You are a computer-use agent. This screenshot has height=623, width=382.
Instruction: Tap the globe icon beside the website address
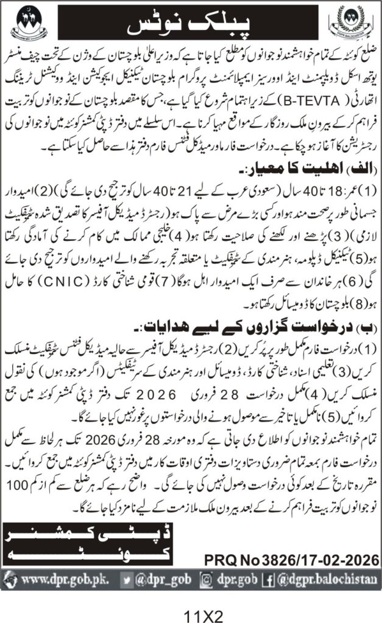click(13, 577)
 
